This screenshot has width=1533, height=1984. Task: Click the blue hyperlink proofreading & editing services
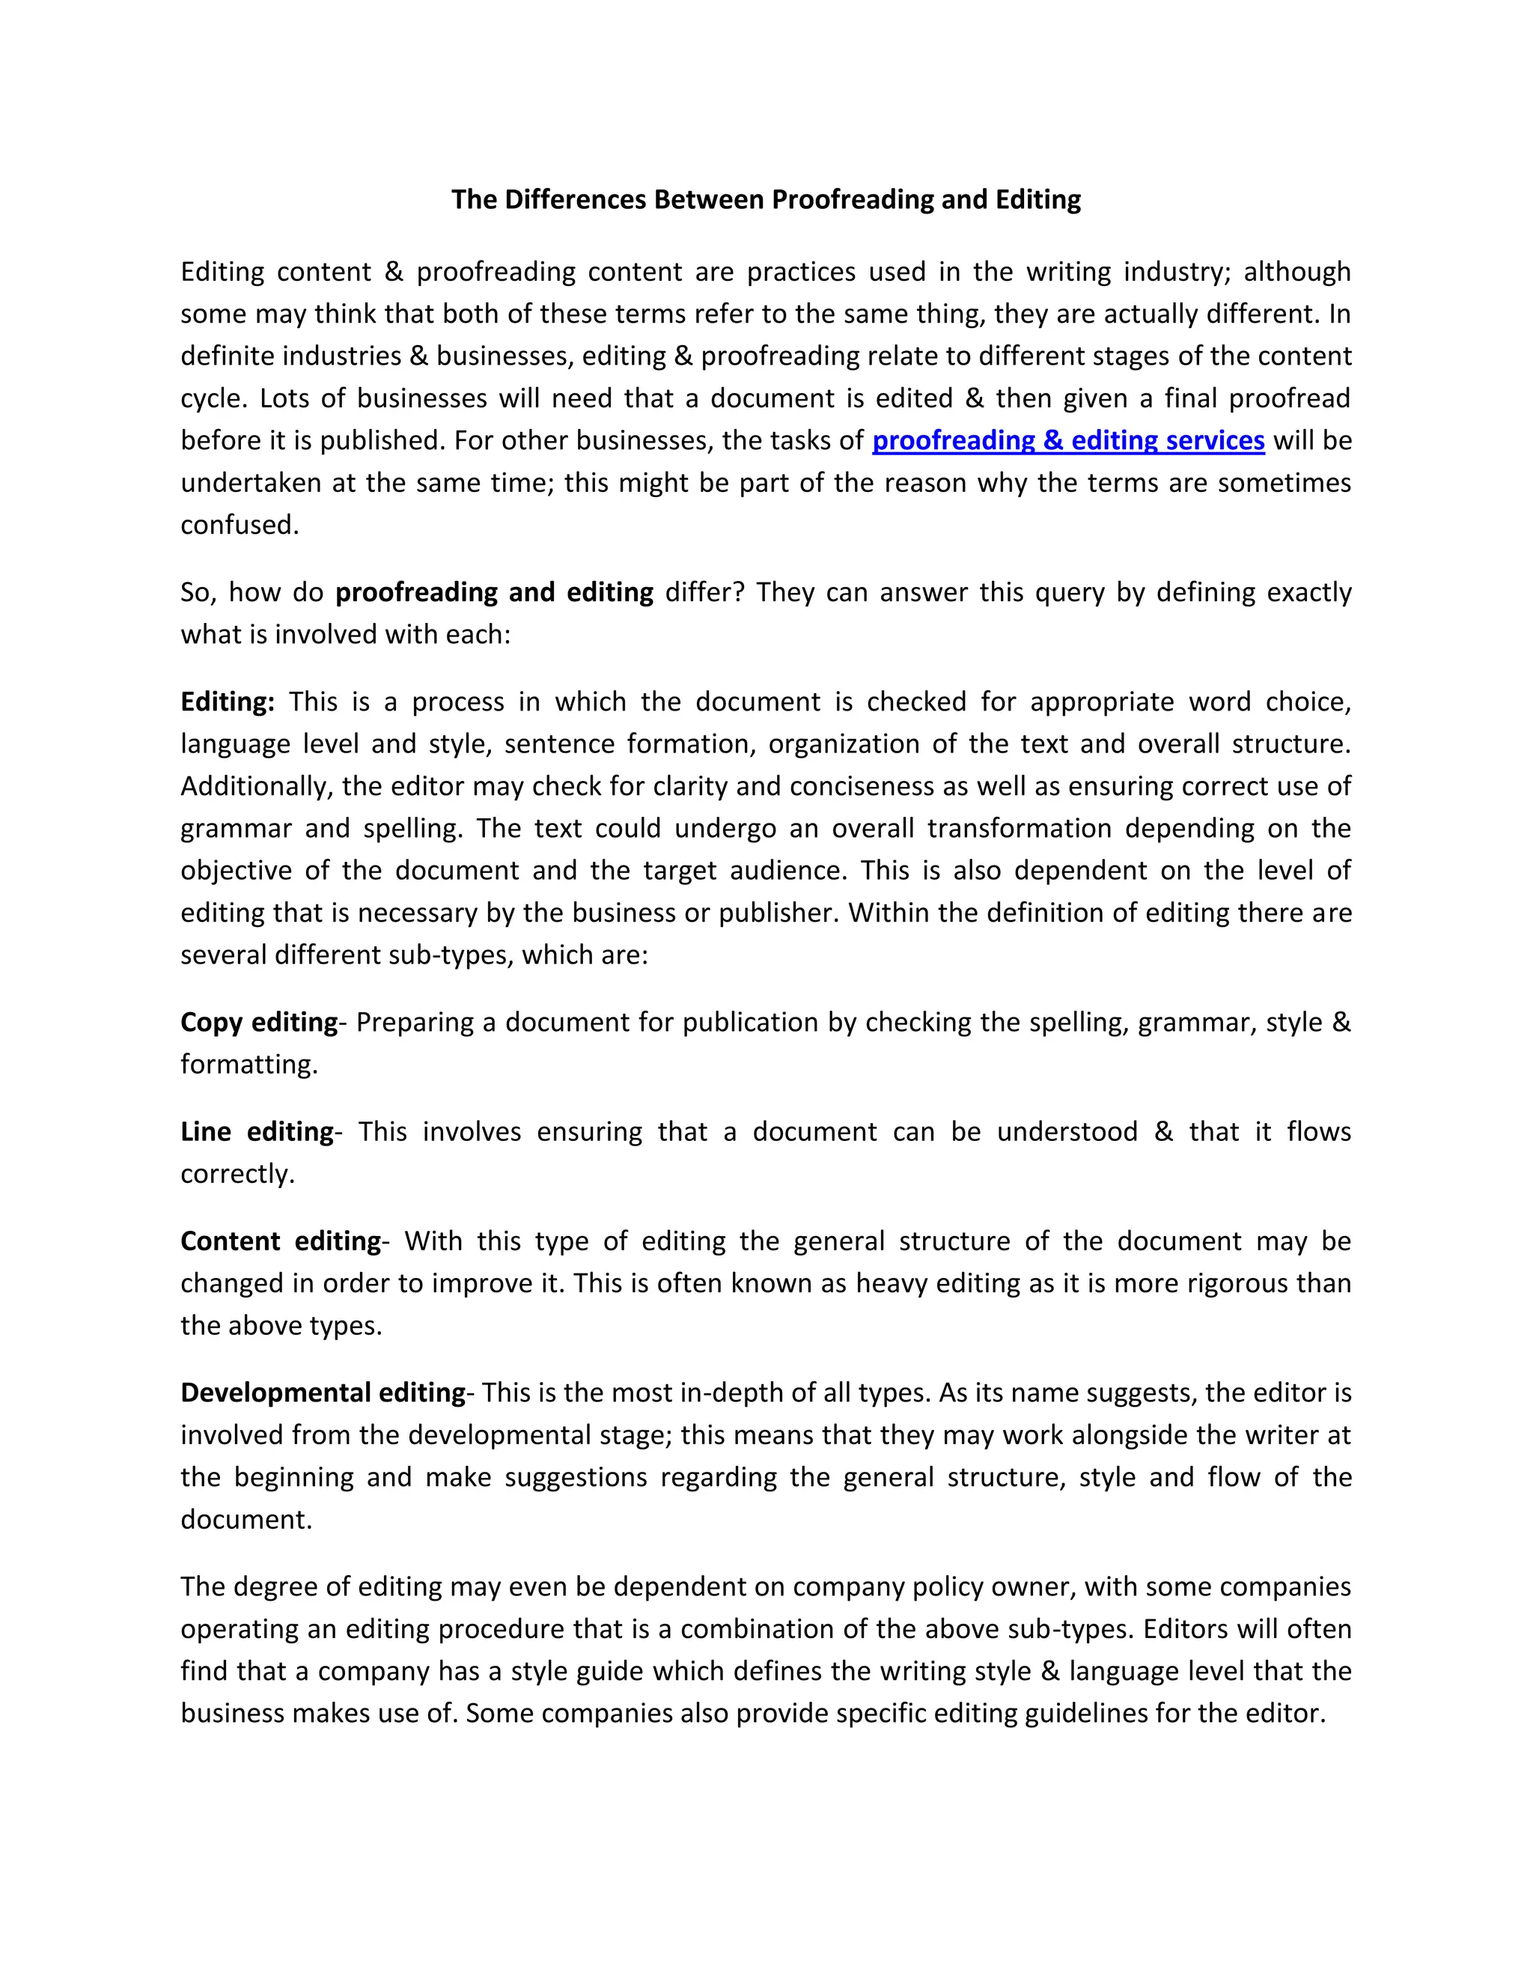(x=1068, y=440)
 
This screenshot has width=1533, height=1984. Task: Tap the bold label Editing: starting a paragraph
(x=227, y=702)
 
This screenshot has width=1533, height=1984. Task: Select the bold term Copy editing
(x=259, y=1023)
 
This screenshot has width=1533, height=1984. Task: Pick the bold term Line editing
(x=257, y=1132)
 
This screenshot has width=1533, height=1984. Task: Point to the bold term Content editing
(x=281, y=1242)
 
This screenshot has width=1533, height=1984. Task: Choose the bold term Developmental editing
(x=323, y=1393)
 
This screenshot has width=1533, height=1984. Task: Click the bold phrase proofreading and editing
(x=494, y=592)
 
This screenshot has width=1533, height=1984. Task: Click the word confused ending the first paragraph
(x=238, y=525)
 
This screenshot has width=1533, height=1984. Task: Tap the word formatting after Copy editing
(x=248, y=1065)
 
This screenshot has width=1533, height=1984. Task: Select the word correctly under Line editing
(x=237, y=1175)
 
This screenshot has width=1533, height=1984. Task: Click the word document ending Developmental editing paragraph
(x=246, y=1520)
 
